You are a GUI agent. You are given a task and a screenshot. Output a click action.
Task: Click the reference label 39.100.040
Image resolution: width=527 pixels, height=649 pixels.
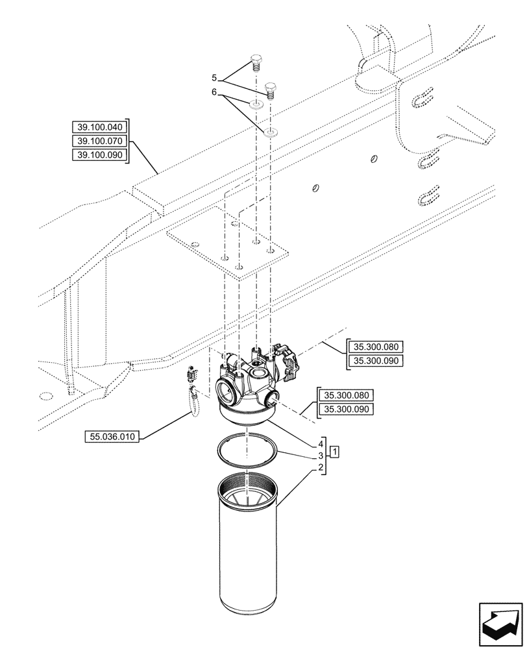click(99, 127)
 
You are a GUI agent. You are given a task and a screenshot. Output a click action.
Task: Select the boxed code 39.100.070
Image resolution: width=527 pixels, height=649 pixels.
click(99, 141)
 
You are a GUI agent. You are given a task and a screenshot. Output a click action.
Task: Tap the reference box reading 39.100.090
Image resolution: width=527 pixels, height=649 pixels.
click(99, 154)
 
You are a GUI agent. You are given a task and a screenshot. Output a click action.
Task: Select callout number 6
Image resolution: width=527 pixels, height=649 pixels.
click(215, 93)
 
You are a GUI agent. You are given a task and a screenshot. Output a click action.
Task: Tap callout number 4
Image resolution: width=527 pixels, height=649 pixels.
click(321, 445)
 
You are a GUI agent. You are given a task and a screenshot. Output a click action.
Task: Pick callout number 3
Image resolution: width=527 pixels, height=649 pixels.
click(321, 456)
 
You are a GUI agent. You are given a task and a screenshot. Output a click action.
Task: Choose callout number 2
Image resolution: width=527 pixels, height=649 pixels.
click(321, 468)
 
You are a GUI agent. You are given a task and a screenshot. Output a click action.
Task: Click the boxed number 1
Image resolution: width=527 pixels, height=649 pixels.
click(334, 450)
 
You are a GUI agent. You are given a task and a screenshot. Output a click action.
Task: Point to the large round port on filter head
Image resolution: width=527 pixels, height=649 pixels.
click(228, 391)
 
